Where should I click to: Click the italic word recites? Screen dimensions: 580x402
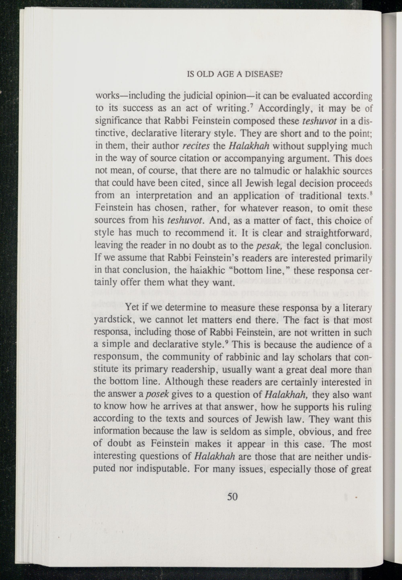[196, 146]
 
